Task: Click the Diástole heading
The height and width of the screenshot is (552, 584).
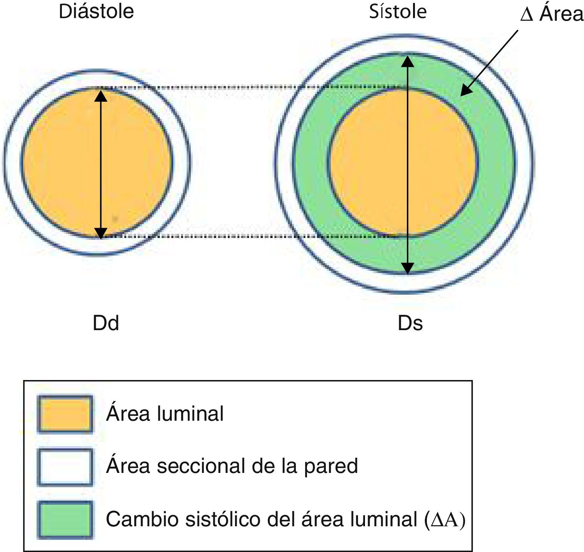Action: pyautogui.click(x=96, y=12)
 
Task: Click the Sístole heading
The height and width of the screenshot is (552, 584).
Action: pyautogui.click(x=398, y=12)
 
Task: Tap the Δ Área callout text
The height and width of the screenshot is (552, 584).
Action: pyautogui.click(x=551, y=15)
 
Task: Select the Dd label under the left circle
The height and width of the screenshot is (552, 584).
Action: pyautogui.click(x=106, y=323)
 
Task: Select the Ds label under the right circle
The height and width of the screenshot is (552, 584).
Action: pyautogui.click(x=410, y=323)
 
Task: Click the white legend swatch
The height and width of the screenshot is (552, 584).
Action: pyautogui.click(x=65, y=467)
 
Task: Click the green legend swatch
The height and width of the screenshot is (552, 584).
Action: pyautogui.click(x=65, y=519)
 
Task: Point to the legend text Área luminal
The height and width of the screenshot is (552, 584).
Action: pyautogui.click(x=165, y=414)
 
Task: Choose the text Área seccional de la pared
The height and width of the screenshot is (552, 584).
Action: pyautogui.click(x=232, y=466)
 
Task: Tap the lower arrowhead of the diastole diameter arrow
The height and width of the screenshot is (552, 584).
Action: pyautogui.click(x=101, y=233)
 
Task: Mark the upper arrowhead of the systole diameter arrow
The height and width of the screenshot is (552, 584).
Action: pyautogui.click(x=408, y=61)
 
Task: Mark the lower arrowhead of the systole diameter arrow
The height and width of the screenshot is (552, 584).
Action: pyautogui.click(x=408, y=268)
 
